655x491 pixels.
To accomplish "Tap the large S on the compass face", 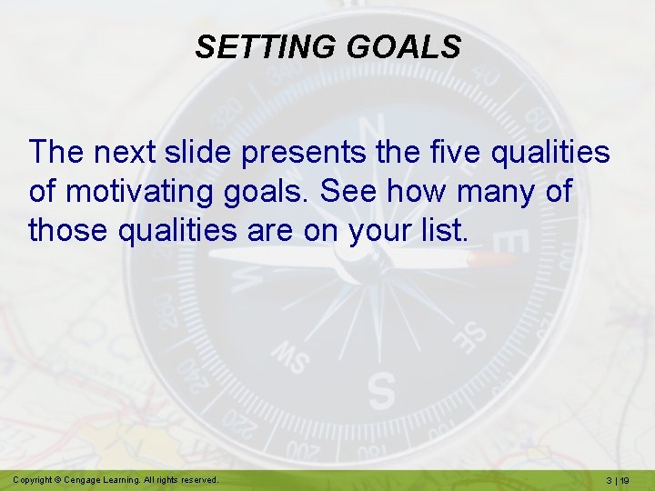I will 381,388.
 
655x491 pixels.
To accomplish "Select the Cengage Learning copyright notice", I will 116,479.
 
